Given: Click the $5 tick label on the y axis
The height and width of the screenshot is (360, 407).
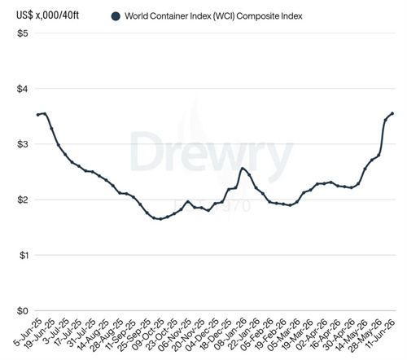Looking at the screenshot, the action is (x=23, y=33).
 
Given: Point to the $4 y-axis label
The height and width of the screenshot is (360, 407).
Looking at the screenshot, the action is (x=23, y=89).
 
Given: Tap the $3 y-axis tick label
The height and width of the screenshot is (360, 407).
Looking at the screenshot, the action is (x=23, y=144).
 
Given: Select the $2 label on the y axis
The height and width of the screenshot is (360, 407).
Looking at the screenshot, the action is (x=23, y=200).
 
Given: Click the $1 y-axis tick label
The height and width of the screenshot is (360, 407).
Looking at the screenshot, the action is (x=23, y=255).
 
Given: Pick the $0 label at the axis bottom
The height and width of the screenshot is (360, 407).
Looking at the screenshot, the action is (x=23, y=310).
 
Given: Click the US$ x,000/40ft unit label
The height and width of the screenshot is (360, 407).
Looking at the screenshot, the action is (x=48, y=15).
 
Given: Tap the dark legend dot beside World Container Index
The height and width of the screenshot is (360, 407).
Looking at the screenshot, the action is (x=116, y=16).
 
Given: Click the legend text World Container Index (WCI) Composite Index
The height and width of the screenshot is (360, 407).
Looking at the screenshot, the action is (x=213, y=16).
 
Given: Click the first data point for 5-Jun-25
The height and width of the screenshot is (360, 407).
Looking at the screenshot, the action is (x=38, y=115).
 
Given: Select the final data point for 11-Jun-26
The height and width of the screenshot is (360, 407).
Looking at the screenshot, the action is (x=392, y=113).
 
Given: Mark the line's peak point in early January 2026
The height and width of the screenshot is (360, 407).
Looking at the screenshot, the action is (x=243, y=169).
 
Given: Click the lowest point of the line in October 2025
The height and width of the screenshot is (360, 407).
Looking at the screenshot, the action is (x=160, y=219).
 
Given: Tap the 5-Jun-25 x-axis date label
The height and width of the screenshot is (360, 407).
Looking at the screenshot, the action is (x=28, y=331).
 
